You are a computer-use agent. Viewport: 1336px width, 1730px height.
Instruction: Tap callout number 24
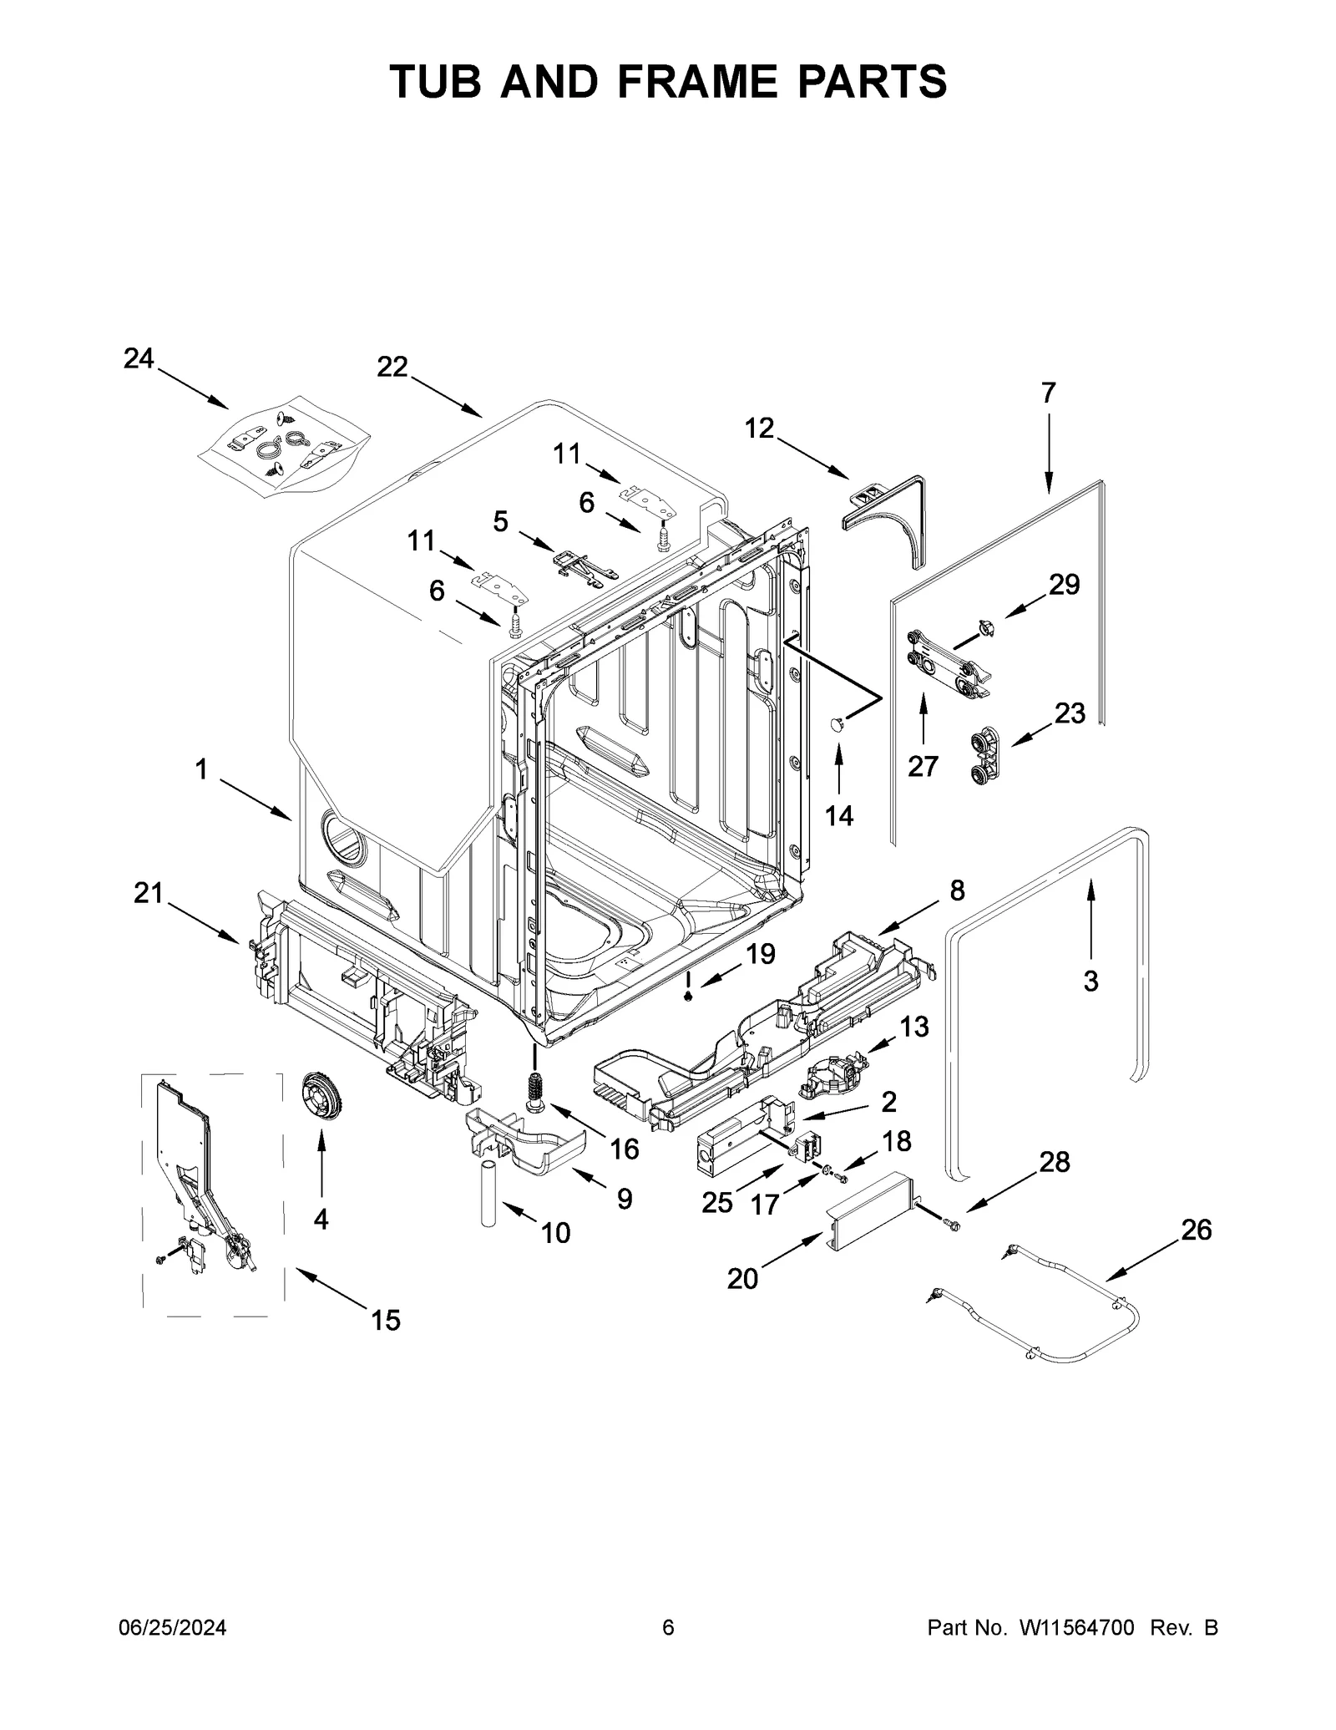click(x=139, y=358)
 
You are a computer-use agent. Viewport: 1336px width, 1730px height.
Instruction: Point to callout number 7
click(x=1048, y=392)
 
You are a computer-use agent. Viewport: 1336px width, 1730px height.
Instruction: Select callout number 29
click(x=1064, y=584)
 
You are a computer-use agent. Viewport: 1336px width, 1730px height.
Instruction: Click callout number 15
click(x=386, y=1320)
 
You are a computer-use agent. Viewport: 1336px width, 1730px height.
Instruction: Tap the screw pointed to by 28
click(x=951, y=1225)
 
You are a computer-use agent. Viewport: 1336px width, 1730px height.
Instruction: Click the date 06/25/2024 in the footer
click(x=170, y=1651)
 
